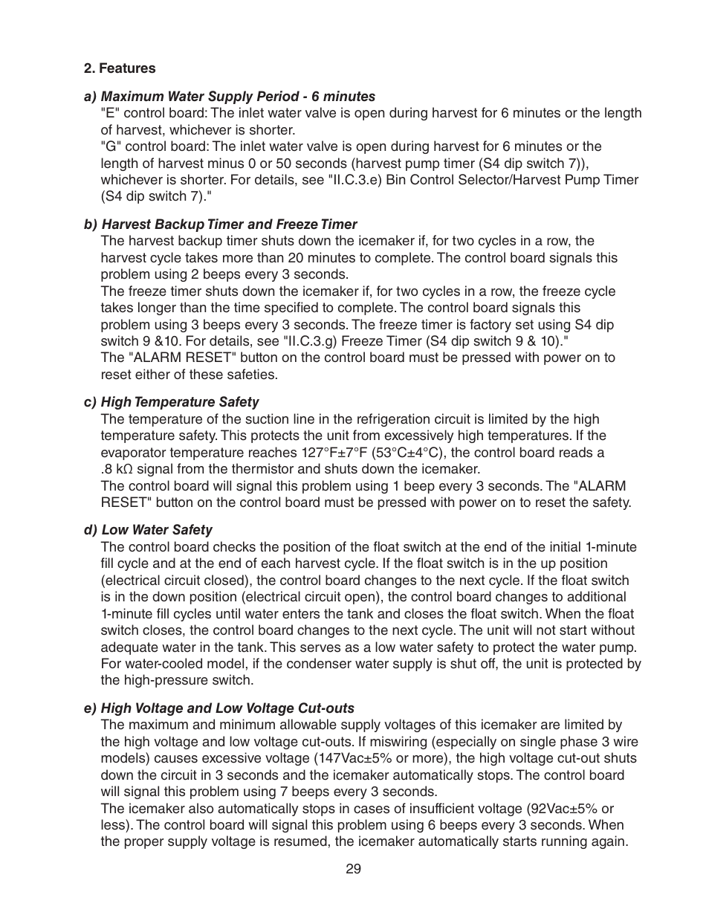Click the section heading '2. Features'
(120, 68)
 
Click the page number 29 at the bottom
(353, 869)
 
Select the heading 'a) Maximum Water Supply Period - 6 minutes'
(230, 97)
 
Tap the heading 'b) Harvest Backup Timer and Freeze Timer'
(220, 224)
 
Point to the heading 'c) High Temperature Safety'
(172, 402)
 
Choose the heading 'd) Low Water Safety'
(148, 530)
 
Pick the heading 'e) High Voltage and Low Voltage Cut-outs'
(219, 708)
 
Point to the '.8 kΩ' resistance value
(117, 469)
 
